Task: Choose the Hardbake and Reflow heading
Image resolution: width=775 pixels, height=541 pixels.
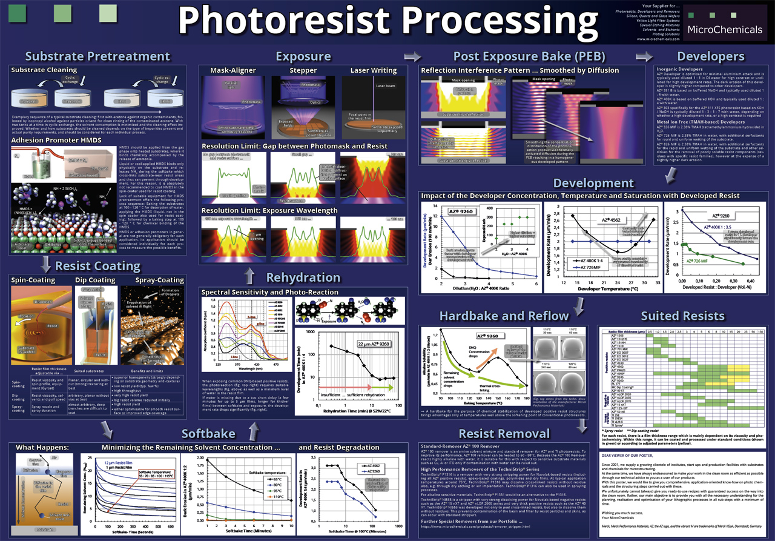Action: click(x=504, y=316)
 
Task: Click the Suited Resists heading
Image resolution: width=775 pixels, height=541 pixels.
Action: click(x=682, y=316)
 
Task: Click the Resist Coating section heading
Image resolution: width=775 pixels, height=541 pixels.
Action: click(x=97, y=266)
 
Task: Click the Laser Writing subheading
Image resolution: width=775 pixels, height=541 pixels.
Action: click(x=373, y=71)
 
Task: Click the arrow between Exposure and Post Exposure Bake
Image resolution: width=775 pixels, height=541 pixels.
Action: click(x=412, y=57)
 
